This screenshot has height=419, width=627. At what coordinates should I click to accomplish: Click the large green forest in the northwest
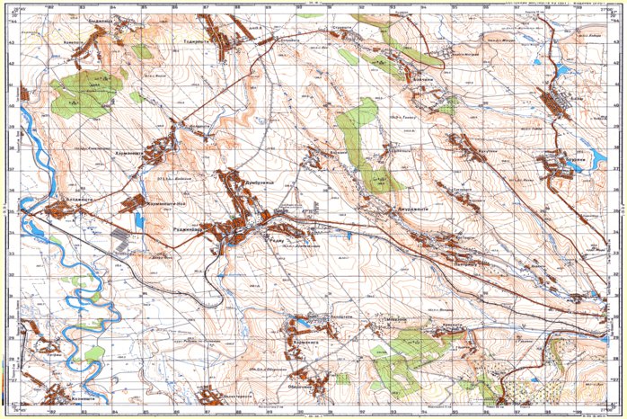coord(85,92)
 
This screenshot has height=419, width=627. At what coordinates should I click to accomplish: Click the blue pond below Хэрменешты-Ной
coord(138,219)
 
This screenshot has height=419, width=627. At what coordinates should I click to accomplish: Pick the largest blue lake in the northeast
coord(563,69)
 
